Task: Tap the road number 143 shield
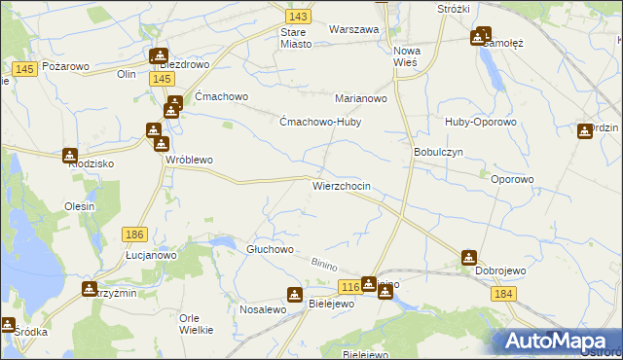click(x=299, y=18)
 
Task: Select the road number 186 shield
click(x=135, y=234)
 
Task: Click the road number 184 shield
click(x=502, y=294)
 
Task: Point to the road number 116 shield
click(x=350, y=286)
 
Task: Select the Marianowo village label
click(x=361, y=99)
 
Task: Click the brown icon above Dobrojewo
click(x=469, y=258)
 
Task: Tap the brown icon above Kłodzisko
click(x=70, y=154)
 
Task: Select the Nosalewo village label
click(x=262, y=308)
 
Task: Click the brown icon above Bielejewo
click(x=295, y=294)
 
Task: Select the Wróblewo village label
click(x=189, y=160)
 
